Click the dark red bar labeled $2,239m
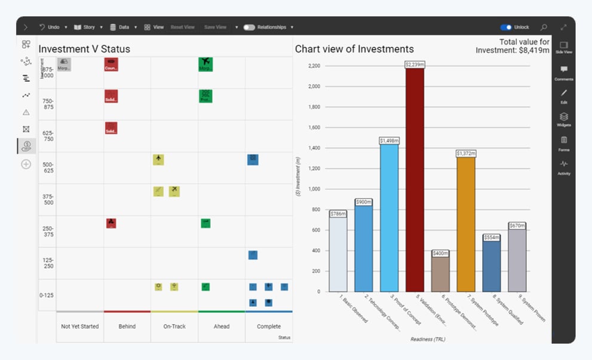click(414, 179)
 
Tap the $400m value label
click(440, 253)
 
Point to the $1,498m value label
click(389, 141)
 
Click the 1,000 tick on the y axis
click(314, 189)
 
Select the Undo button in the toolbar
click(50, 27)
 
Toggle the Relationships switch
click(249, 27)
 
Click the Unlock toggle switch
click(506, 27)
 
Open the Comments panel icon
click(563, 69)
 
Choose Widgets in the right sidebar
click(563, 117)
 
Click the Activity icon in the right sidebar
click(563, 164)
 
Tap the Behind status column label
click(127, 327)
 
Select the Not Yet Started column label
click(79, 327)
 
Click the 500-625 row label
click(48, 168)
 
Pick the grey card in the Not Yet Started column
click(64, 64)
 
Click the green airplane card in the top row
click(205, 64)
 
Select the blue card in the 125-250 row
click(253, 255)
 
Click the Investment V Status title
click(84, 49)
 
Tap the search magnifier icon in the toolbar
click(544, 27)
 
